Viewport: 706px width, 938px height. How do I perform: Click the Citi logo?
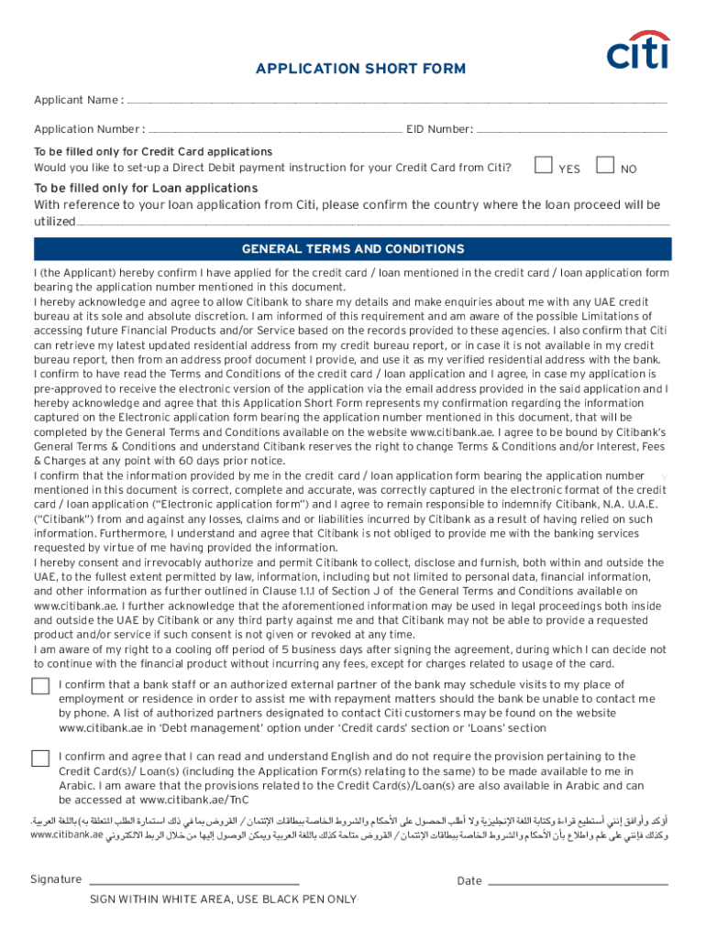click(x=638, y=51)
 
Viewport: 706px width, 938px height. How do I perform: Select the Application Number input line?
click(x=274, y=130)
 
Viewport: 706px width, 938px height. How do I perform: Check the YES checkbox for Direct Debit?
click(x=544, y=166)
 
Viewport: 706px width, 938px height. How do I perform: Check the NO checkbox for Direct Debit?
click(x=604, y=166)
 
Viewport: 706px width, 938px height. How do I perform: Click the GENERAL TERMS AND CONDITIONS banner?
click(x=353, y=249)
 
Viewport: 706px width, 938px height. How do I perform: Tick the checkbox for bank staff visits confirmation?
click(x=40, y=687)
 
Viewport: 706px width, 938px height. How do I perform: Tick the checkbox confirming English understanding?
click(x=40, y=758)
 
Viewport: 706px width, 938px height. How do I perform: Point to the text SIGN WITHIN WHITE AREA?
click(x=223, y=900)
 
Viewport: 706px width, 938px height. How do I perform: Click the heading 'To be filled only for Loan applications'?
click(x=146, y=188)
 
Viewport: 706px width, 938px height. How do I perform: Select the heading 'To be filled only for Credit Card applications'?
click(x=153, y=151)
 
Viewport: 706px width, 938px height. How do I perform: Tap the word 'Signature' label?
click(x=56, y=879)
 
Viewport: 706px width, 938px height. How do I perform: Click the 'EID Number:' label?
click(x=440, y=129)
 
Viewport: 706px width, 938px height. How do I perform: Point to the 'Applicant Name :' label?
click(x=79, y=99)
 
